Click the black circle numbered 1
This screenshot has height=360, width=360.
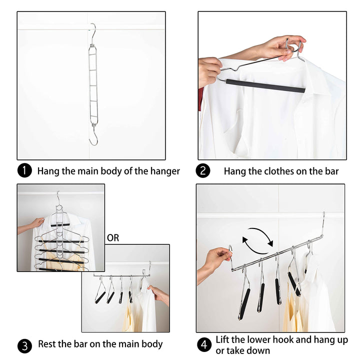click(24, 171)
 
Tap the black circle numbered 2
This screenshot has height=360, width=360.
click(203, 171)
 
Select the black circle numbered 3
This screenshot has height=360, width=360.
click(24, 344)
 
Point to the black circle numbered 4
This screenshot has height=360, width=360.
click(203, 344)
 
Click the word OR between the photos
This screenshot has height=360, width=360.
click(113, 238)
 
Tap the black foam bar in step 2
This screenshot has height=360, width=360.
click(265, 85)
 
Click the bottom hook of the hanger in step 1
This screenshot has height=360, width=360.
click(93, 137)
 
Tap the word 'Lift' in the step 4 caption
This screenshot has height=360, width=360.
click(223, 340)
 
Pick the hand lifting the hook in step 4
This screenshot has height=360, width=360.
click(216, 260)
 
